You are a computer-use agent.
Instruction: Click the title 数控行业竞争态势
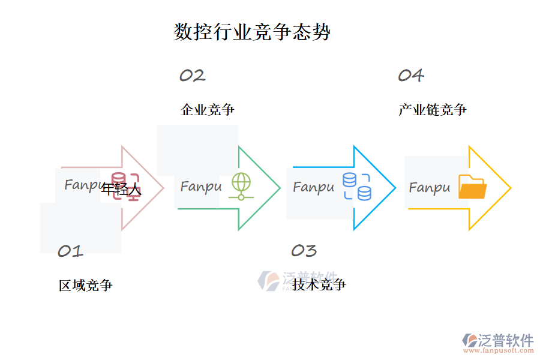(x=252, y=32)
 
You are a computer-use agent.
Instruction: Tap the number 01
(x=70, y=251)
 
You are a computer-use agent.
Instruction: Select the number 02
(x=193, y=76)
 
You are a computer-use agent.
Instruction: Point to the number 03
(x=304, y=251)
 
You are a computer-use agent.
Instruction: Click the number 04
(x=411, y=76)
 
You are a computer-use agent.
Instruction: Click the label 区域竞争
(x=86, y=286)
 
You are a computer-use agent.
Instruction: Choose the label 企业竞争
(x=208, y=110)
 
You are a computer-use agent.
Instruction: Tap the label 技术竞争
(x=319, y=284)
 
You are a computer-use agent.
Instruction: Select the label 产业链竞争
(x=433, y=110)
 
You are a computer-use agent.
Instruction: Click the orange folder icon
(x=472, y=187)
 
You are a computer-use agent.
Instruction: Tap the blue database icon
(x=357, y=186)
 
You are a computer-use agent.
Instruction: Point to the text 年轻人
(x=121, y=190)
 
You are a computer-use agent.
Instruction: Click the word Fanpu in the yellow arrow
(x=430, y=188)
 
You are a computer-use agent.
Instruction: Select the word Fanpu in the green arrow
(x=200, y=187)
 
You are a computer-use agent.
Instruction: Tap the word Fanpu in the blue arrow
(x=313, y=187)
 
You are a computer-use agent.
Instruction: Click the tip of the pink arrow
(x=163, y=188)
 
